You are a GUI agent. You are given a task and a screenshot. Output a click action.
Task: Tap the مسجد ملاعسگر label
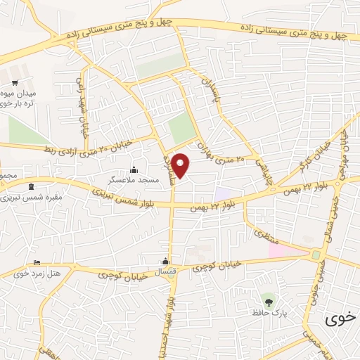[134, 180]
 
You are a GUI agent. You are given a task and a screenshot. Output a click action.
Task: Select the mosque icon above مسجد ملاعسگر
[134, 170]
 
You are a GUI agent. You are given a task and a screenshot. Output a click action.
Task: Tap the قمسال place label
[167, 271]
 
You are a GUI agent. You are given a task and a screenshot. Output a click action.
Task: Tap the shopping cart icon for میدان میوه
[15, 82]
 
